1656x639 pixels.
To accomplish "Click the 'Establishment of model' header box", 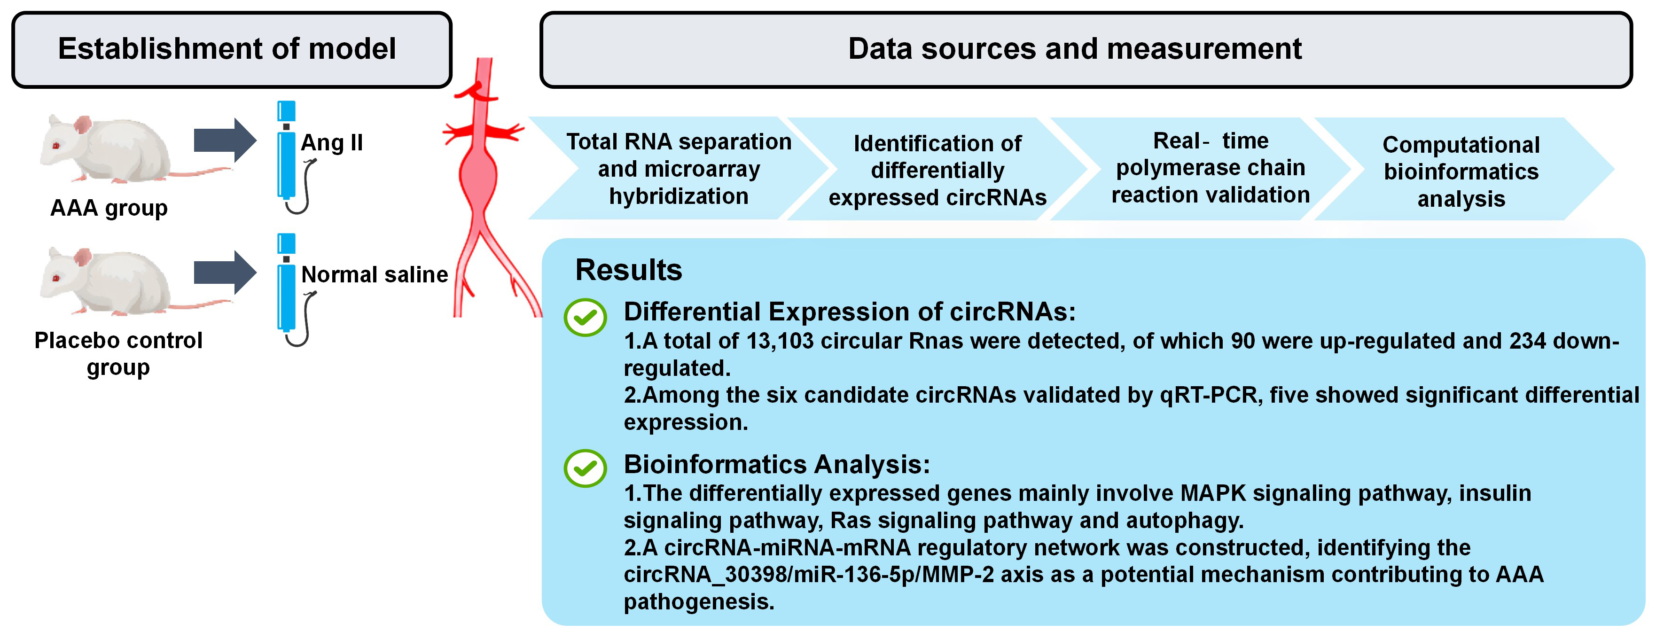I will coord(231,49).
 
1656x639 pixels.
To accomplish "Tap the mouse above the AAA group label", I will coord(106,150).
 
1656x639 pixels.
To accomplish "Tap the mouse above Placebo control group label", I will coord(106,282).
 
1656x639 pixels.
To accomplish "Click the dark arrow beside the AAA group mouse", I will coord(225,140).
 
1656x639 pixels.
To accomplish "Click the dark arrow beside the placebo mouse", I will coord(225,273).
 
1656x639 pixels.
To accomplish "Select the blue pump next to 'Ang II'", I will coord(286,157).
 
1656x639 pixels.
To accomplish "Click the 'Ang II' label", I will coord(332,142).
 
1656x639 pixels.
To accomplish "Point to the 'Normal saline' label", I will coord(374,274).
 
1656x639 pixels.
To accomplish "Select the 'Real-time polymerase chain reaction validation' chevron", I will coord(1210,168).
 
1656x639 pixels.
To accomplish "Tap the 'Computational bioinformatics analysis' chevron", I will coord(1461,171).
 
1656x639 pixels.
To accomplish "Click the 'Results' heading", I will coord(628,270).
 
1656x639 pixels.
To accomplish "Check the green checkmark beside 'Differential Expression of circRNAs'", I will coord(585,317).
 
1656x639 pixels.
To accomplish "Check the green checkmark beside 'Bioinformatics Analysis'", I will coord(585,468).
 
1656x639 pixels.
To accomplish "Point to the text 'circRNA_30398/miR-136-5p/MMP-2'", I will coord(808,574).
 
